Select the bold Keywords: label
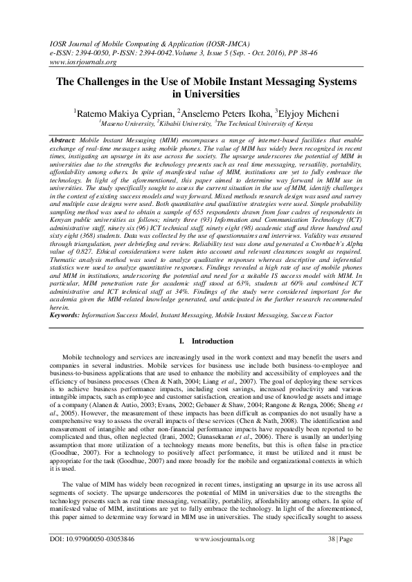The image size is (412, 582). [x=66, y=315]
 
